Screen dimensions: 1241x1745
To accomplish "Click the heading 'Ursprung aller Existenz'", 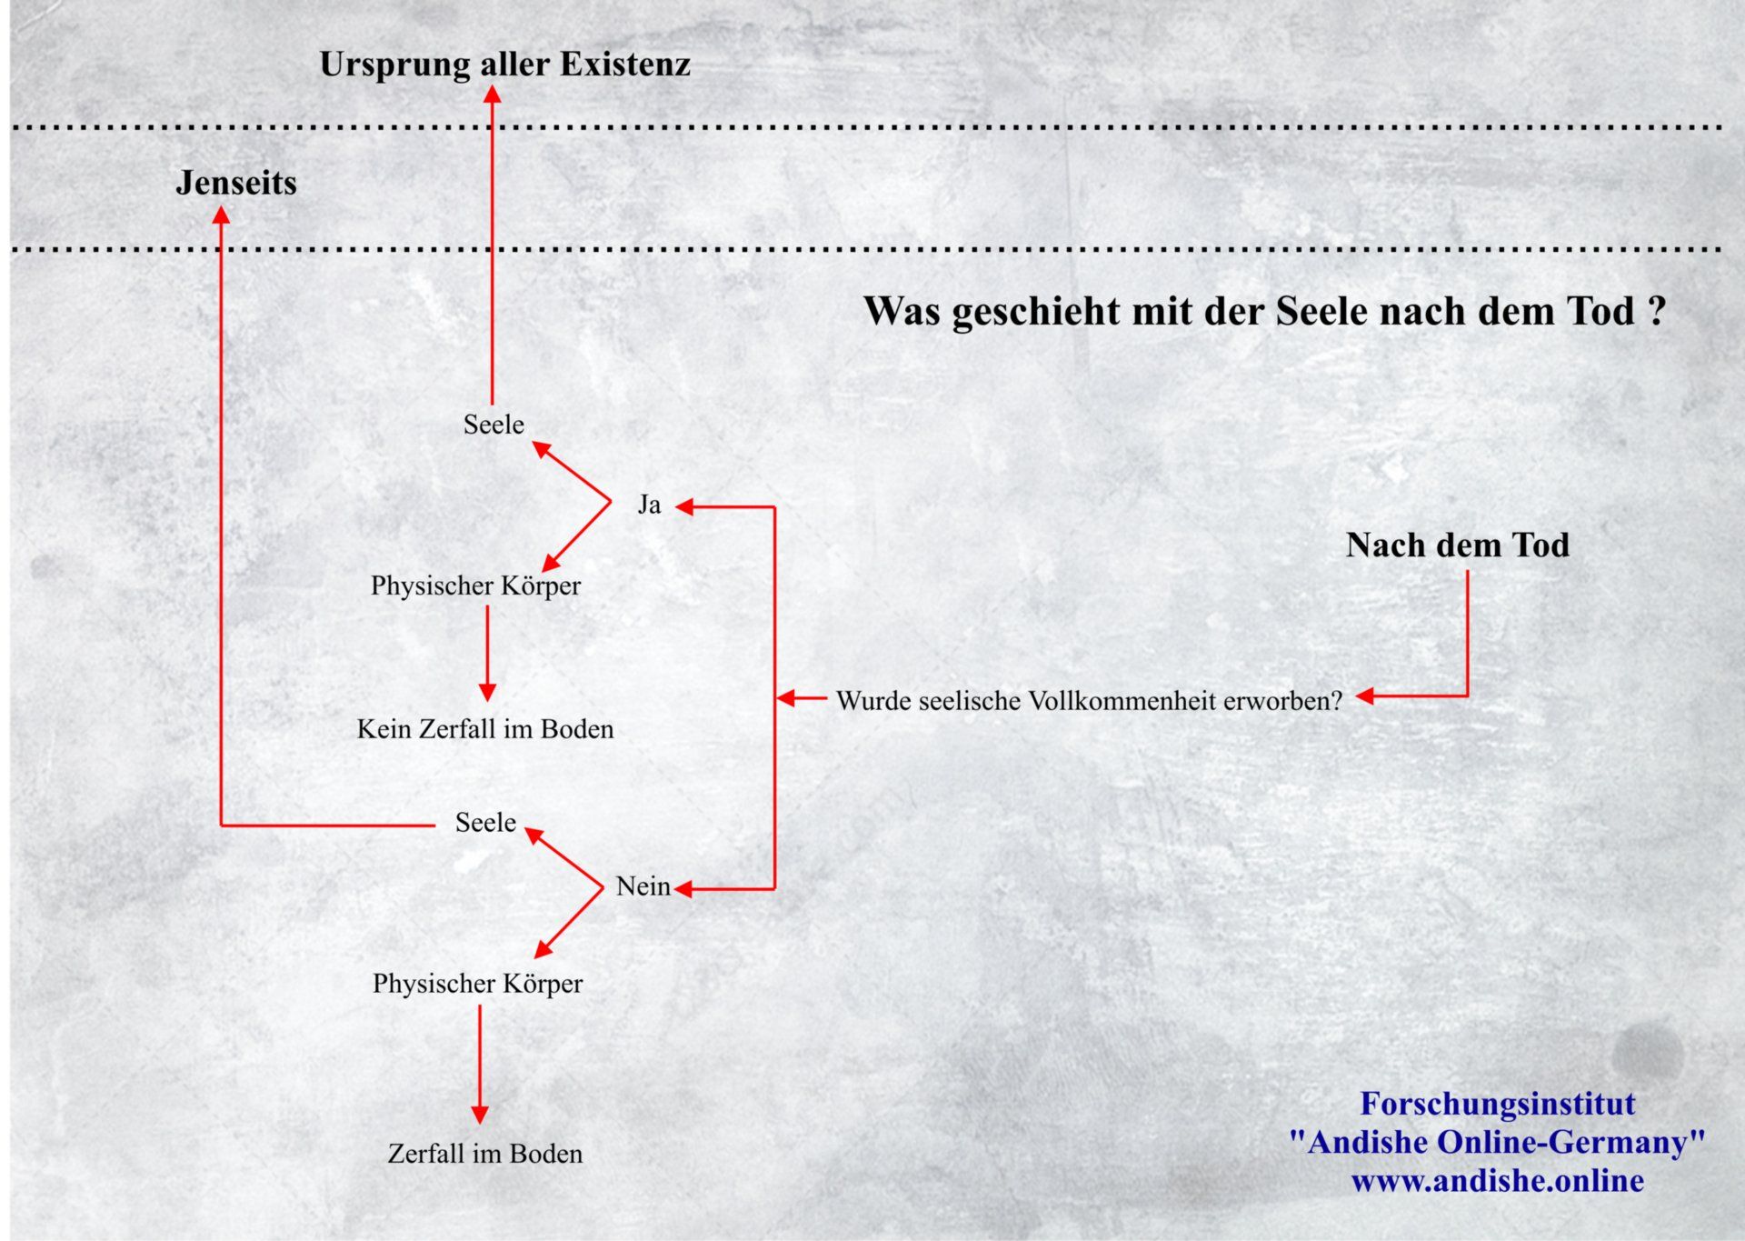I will (x=504, y=65).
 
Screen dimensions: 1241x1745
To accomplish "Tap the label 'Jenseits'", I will (x=236, y=183).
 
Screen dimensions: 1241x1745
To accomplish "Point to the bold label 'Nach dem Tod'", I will (x=1457, y=545).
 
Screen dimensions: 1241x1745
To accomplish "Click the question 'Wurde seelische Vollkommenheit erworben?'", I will (x=1089, y=701).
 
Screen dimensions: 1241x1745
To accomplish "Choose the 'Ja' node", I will (x=649, y=505).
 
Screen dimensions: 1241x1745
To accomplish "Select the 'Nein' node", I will (x=643, y=886).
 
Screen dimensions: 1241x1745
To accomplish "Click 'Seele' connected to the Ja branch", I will (x=494, y=425).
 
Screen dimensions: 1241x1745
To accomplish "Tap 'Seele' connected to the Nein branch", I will (x=485, y=823).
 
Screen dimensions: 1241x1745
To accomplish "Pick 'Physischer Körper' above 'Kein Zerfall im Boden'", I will (x=475, y=585).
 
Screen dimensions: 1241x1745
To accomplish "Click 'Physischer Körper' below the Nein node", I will (x=477, y=984).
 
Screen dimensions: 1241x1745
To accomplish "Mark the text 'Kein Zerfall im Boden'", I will (x=485, y=729).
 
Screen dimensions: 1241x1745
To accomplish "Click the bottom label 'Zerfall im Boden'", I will (x=484, y=1154).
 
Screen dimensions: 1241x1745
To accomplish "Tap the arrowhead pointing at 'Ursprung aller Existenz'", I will (x=492, y=94).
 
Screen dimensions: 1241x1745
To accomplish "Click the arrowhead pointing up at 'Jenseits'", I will (x=221, y=215).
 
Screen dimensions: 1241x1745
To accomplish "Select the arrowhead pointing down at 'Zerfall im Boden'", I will (x=480, y=1114).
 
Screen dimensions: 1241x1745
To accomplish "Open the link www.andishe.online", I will (x=1497, y=1181).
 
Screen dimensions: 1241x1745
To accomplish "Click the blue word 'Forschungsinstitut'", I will (x=1497, y=1104).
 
